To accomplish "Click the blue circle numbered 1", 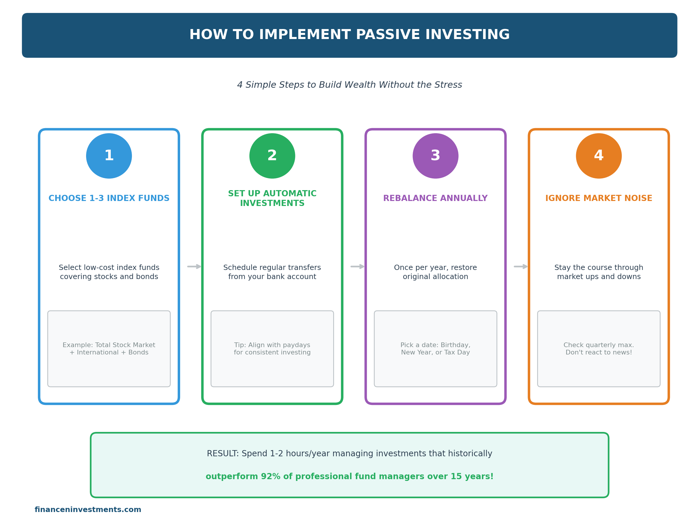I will point(109,156).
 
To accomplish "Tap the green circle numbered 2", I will point(272,156).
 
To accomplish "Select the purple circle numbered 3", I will point(435,156).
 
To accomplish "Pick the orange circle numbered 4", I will point(599,156).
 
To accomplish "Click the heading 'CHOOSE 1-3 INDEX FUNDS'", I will point(109,198).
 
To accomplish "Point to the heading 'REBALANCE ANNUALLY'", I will point(435,198).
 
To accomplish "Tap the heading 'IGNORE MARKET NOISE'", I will point(599,198).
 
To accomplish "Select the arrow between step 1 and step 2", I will point(194,267).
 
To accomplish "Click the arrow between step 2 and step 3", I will point(357,267).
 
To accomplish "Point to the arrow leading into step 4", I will point(521,267).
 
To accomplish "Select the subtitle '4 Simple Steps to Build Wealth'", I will point(350,85).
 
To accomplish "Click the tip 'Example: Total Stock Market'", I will point(109,345).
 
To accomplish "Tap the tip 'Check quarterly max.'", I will point(599,345).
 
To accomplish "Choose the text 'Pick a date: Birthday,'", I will point(435,345).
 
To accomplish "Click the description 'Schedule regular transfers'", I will point(272,268).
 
